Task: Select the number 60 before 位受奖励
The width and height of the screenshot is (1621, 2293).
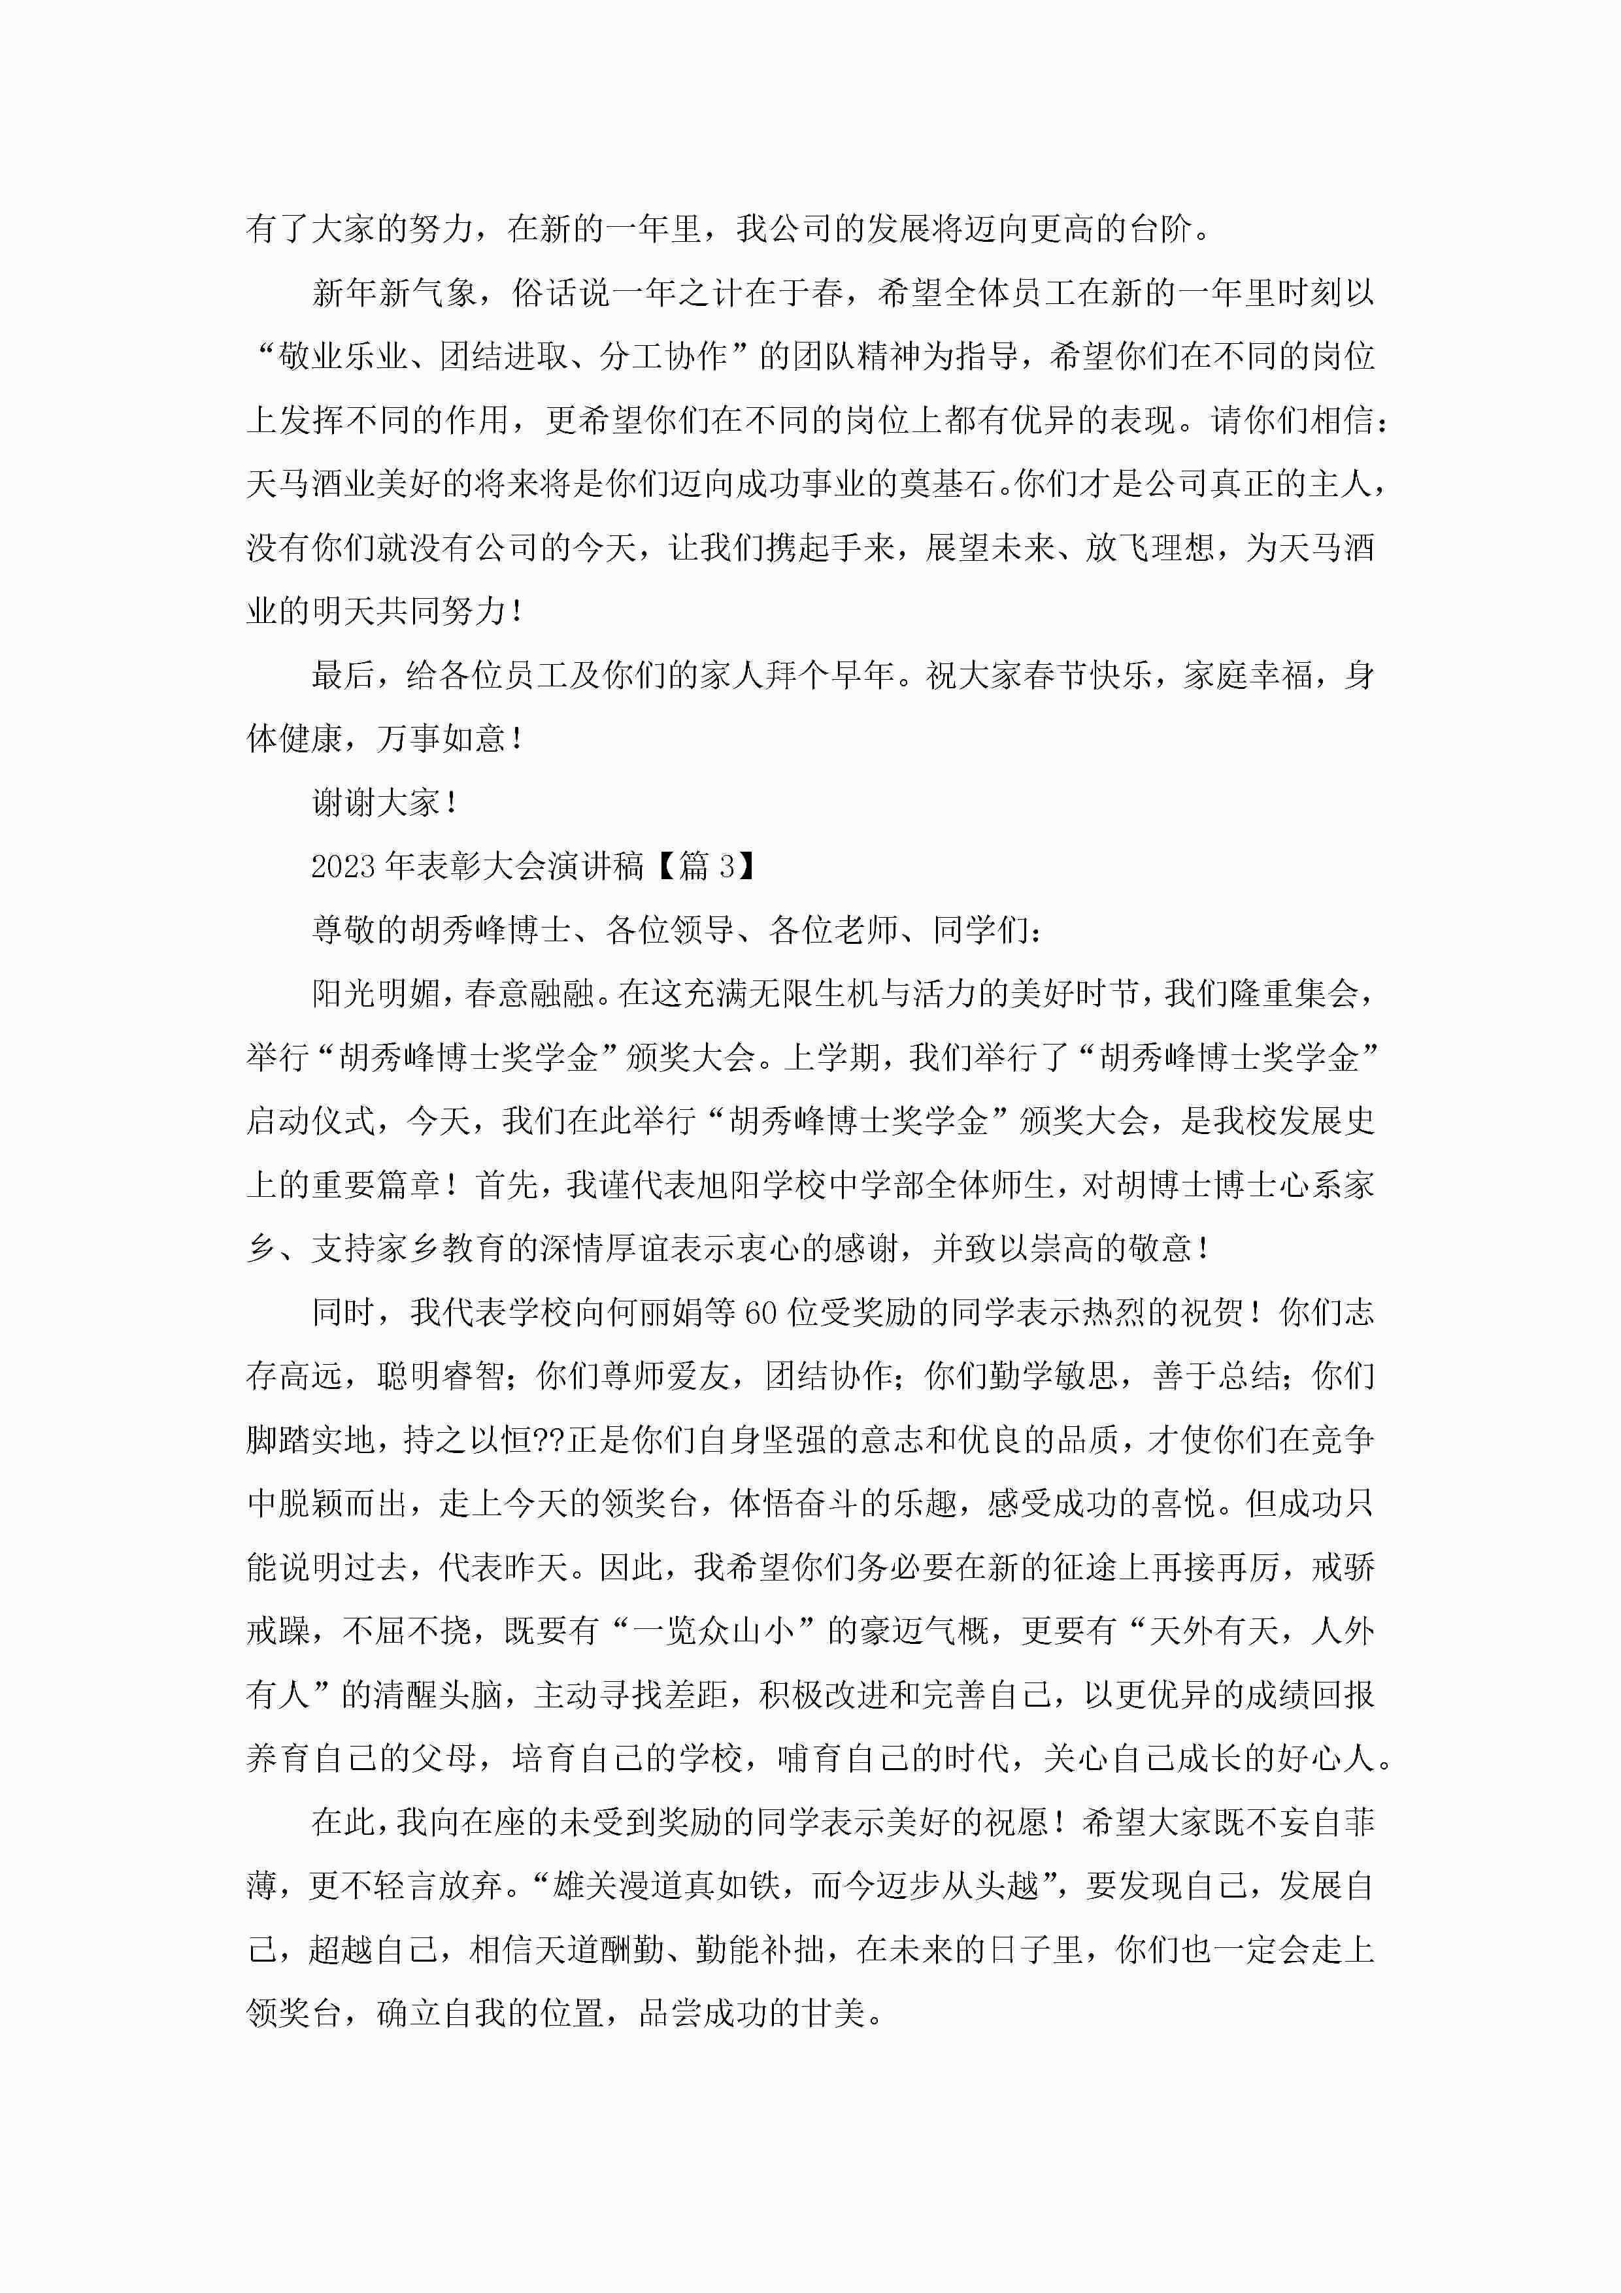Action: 760,1313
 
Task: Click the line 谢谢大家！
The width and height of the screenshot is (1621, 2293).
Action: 384,802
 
